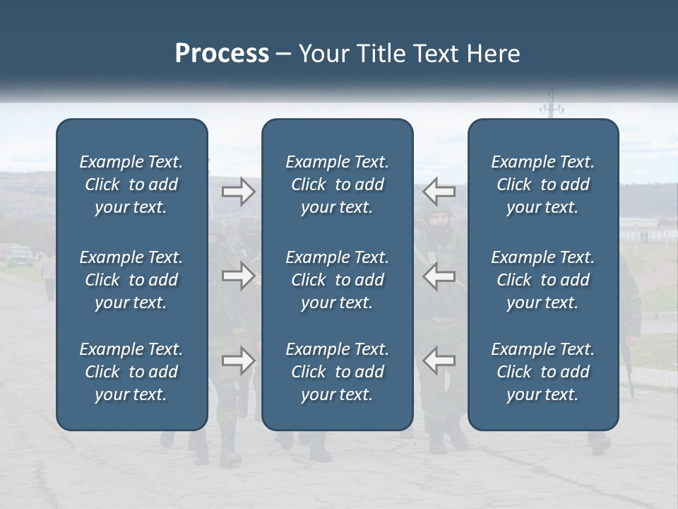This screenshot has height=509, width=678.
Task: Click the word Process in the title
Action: click(x=222, y=54)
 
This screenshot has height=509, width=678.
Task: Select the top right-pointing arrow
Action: click(x=239, y=192)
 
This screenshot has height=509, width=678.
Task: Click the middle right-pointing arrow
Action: click(x=239, y=276)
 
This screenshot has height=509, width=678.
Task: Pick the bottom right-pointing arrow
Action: click(x=239, y=361)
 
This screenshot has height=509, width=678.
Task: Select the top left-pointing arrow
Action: click(x=439, y=192)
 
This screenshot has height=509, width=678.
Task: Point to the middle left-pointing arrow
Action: click(x=439, y=276)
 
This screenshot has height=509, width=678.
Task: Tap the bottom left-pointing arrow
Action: click(x=439, y=361)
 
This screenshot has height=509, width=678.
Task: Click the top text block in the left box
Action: click(x=131, y=185)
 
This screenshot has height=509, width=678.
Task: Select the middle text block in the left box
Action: click(x=131, y=280)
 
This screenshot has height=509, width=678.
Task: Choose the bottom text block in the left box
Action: click(x=131, y=372)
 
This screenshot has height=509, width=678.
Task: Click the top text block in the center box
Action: click(x=338, y=185)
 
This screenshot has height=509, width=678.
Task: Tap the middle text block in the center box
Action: click(x=338, y=280)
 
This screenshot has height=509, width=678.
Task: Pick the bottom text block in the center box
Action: click(x=338, y=372)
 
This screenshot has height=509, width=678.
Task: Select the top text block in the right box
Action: click(x=543, y=185)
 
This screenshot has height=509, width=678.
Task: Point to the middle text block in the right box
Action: click(x=543, y=280)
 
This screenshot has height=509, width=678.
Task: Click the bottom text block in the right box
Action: click(x=543, y=372)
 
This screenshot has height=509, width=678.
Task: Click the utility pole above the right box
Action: click(x=552, y=108)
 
